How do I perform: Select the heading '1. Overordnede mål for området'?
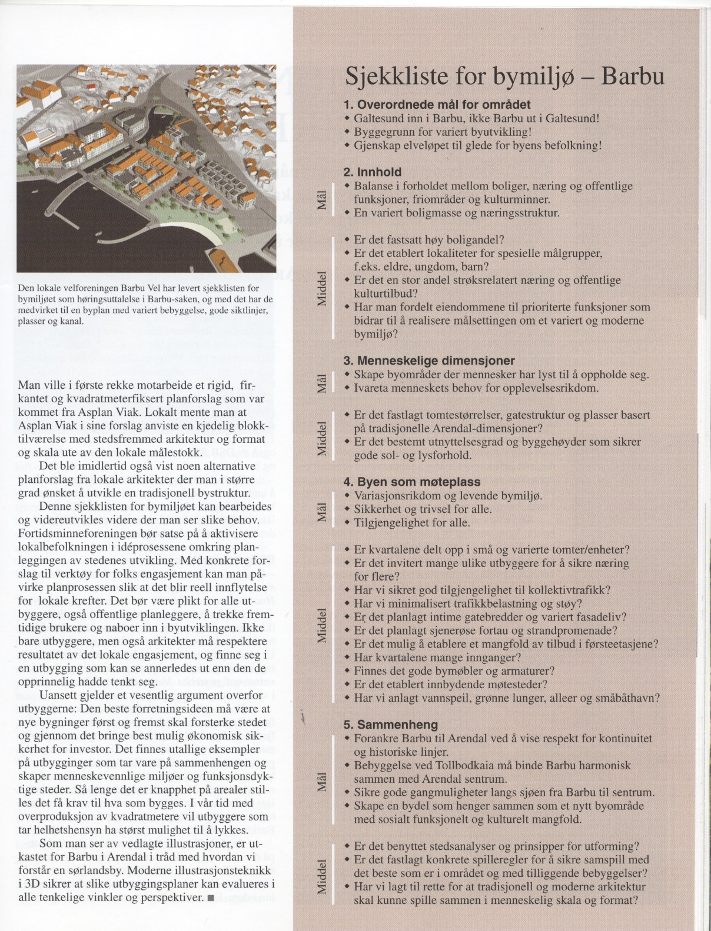click(437, 105)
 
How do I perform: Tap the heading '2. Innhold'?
click(372, 172)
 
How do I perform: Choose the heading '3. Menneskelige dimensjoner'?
click(428, 361)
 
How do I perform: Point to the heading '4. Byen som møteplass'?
click(411, 482)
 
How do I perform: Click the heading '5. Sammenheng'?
click(390, 725)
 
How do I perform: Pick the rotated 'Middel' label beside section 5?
click(321, 877)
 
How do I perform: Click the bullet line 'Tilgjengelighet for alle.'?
click(411, 523)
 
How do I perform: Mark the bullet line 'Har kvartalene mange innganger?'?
click(437, 658)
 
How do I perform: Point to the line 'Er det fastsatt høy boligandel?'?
click(429, 240)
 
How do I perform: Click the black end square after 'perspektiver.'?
click(211, 898)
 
